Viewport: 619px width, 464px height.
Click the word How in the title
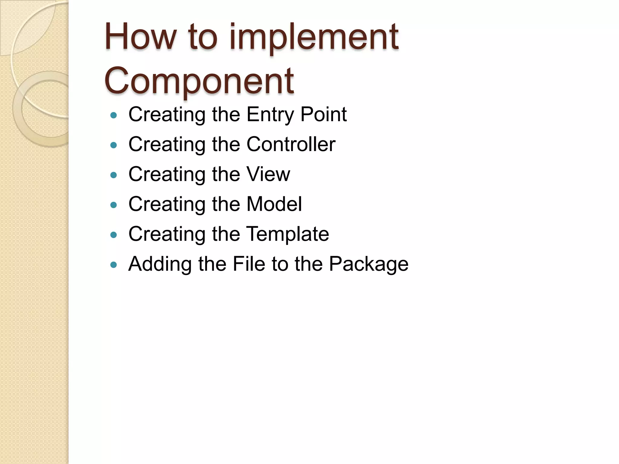(x=140, y=37)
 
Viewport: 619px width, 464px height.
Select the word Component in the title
(x=199, y=81)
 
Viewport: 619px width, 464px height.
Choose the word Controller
(x=291, y=144)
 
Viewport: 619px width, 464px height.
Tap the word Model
(x=274, y=204)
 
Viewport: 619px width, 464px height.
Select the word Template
(x=287, y=234)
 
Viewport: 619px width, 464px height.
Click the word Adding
(x=160, y=264)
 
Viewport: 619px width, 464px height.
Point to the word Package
(x=368, y=264)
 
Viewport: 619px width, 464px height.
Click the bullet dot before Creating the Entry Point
(x=114, y=115)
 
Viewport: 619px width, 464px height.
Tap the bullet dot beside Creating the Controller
(x=114, y=145)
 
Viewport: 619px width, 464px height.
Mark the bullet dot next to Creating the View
(x=114, y=175)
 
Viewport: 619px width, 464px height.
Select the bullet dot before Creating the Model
(x=114, y=205)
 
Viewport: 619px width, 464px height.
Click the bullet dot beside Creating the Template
(x=114, y=235)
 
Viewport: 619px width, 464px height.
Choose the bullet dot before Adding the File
(x=114, y=265)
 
